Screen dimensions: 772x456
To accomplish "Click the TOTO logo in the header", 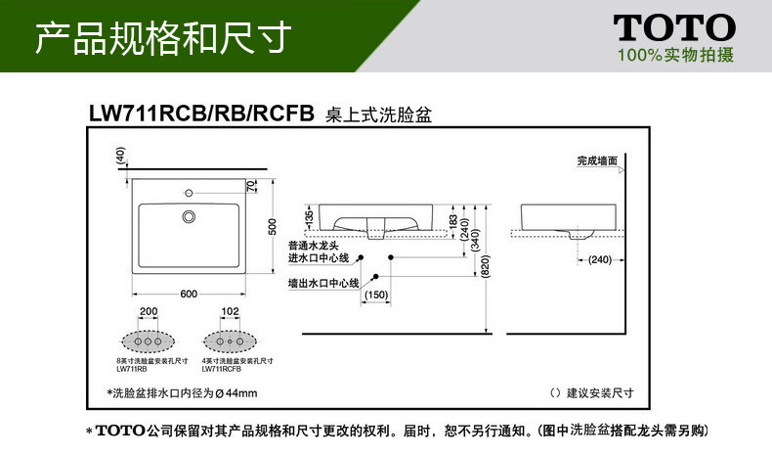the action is pyautogui.click(x=673, y=27).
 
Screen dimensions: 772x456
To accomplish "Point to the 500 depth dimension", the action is pyautogui.click(x=273, y=226).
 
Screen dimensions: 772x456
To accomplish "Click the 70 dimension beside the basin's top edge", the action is pyautogui.click(x=251, y=186).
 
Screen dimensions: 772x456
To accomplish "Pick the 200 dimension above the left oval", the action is pyautogui.click(x=149, y=313).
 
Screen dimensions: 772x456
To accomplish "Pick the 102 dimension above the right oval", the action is pyautogui.click(x=231, y=313).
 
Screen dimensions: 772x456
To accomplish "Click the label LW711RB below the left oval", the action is pyautogui.click(x=131, y=369).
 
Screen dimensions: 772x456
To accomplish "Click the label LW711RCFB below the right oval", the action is pyautogui.click(x=221, y=369).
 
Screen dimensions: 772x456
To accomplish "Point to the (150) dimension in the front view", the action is pyautogui.click(x=376, y=296).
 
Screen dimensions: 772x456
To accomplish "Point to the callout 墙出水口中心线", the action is pyautogui.click(x=323, y=283).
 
